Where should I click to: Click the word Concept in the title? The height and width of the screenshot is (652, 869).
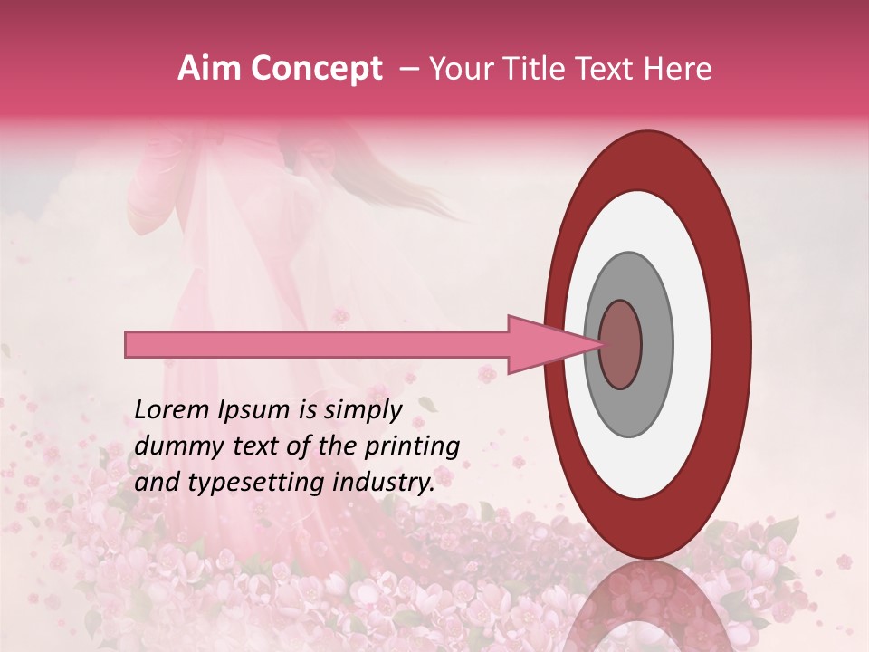316,69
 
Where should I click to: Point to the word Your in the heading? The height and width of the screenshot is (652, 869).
460,69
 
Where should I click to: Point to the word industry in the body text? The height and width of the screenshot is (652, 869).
384,483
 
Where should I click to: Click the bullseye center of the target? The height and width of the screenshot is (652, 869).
621,344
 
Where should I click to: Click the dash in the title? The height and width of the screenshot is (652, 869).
409,69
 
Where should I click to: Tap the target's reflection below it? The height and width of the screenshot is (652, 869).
648,607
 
